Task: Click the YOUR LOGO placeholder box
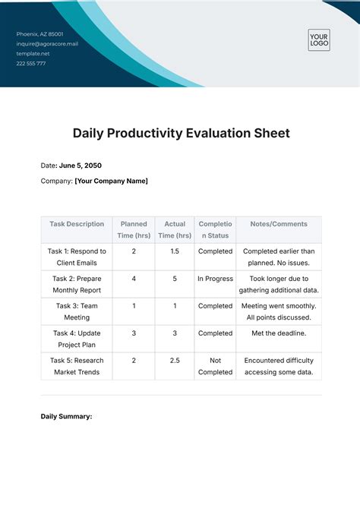pos(319,39)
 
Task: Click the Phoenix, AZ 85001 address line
pos(39,34)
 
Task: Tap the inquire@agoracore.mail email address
pos(47,44)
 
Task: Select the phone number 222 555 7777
pos(31,64)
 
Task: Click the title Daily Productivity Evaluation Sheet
pos(181,133)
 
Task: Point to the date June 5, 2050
pos(81,166)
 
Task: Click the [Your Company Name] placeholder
pos(111,181)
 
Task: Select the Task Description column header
pos(77,224)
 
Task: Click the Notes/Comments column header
pos(279,224)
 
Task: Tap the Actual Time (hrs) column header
pos(175,229)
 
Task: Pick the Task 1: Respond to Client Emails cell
pos(77,257)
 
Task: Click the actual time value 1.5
pos(175,251)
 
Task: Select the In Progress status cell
pos(216,279)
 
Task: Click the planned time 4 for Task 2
pos(134,279)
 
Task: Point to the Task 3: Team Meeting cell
pos(77,311)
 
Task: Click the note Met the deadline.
pos(279,333)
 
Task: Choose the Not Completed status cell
pos(216,366)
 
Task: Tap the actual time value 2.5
pos(175,361)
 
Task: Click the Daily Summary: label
pos(66,416)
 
